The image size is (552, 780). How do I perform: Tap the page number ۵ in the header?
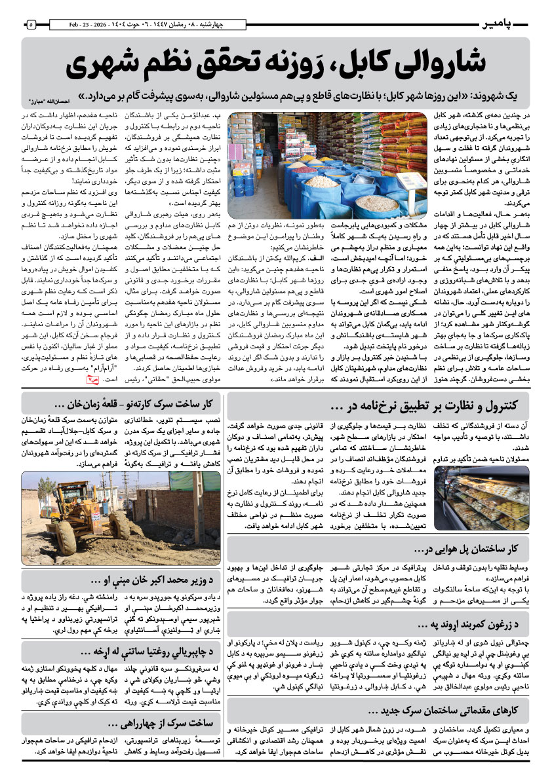tap(30, 25)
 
